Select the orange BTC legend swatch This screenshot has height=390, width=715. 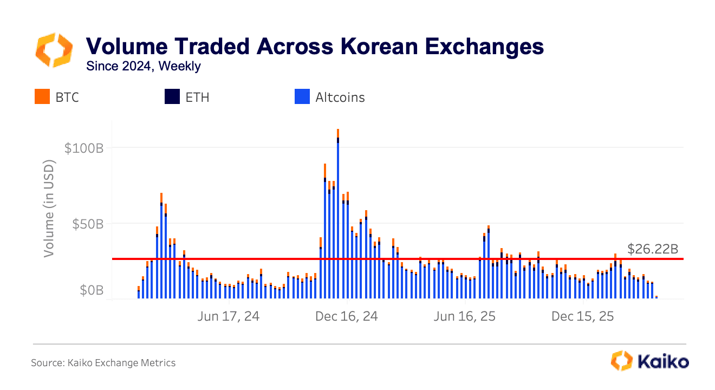tap(42, 97)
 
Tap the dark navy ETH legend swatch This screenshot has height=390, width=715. tap(172, 97)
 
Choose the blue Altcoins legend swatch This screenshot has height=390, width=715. tap(302, 97)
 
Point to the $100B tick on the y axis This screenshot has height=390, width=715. tap(83, 148)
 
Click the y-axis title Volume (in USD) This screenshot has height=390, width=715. tap(50, 208)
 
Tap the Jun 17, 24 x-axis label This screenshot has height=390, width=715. tap(228, 316)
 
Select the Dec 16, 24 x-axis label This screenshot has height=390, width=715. tap(347, 316)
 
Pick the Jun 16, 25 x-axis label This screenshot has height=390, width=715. tap(465, 316)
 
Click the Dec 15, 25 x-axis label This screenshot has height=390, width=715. tap(583, 316)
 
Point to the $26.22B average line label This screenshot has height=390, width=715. tap(653, 249)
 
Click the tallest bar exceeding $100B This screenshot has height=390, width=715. tap(338, 217)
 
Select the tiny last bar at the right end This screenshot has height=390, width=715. tap(656, 297)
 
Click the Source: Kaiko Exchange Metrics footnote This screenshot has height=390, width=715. tap(103, 363)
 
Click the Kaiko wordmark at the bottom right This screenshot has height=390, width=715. tap(664, 361)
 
